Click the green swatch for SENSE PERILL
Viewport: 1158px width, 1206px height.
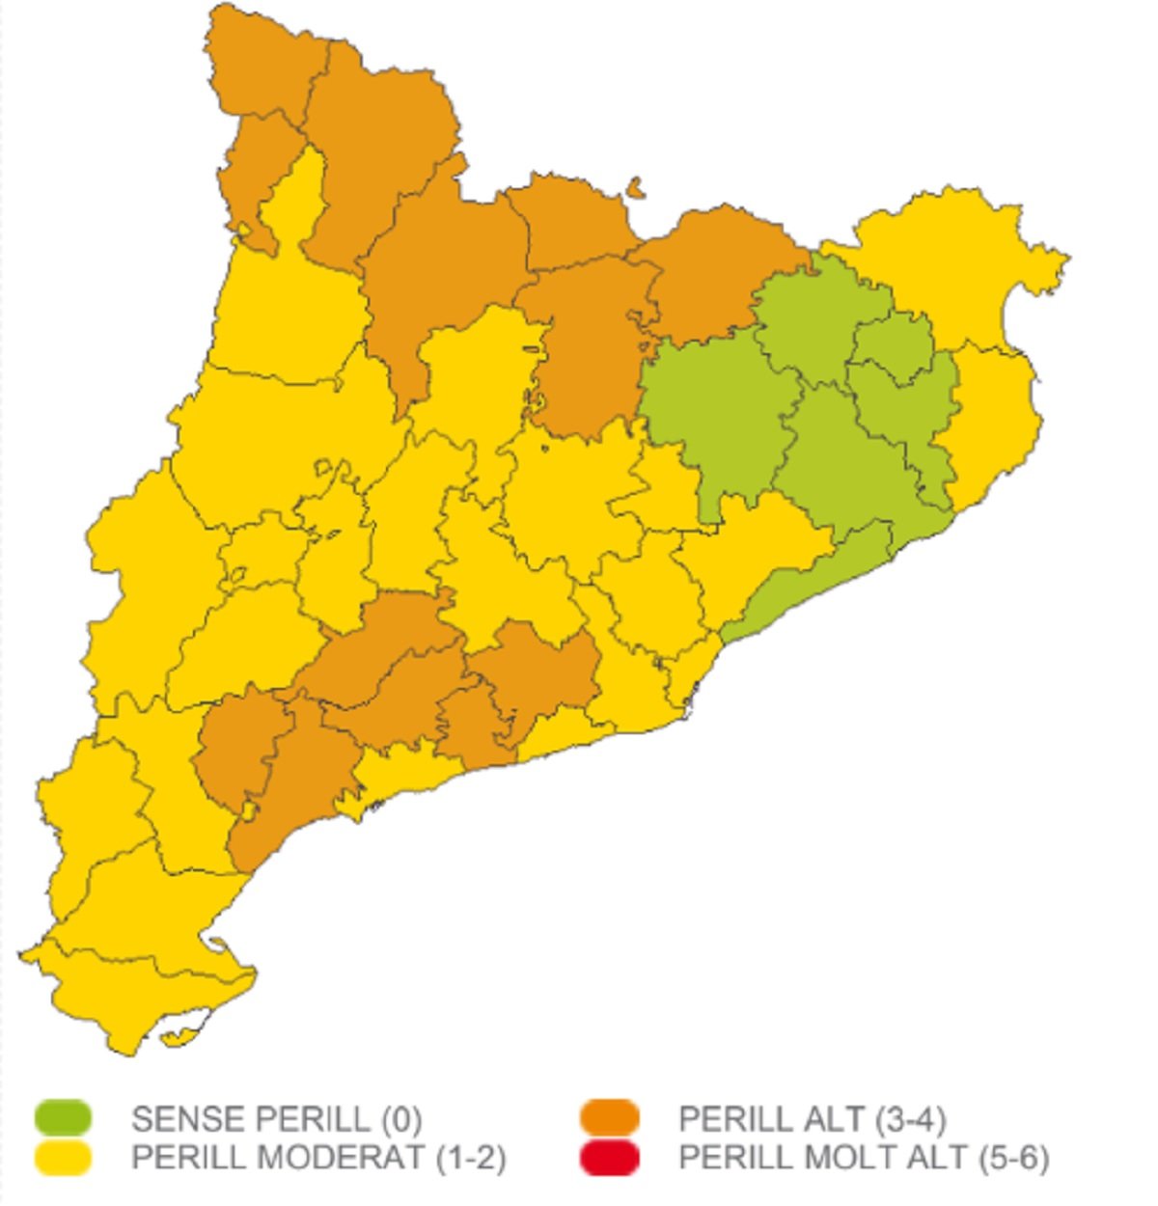pos(64,1118)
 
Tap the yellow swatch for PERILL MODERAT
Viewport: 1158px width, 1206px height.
pos(64,1157)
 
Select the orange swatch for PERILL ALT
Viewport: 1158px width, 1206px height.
pos(610,1118)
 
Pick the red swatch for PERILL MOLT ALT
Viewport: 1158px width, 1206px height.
pos(610,1157)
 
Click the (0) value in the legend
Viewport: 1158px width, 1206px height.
pos(401,1119)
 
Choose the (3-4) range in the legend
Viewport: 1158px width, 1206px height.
pos(911,1119)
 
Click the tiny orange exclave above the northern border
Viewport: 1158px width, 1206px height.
pos(634,186)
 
